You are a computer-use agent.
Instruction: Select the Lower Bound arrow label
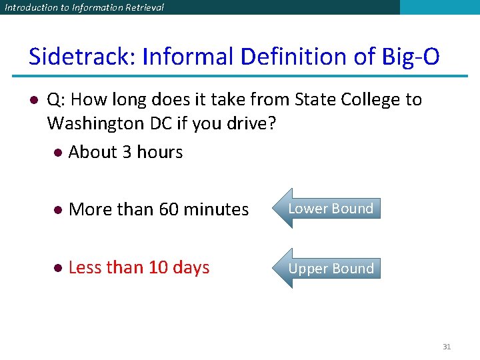click(x=331, y=209)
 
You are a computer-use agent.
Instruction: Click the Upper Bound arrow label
click(x=331, y=269)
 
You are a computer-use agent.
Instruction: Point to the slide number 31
click(x=447, y=347)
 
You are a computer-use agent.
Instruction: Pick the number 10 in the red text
click(x=158, y=267)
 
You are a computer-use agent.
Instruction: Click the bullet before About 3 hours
click(x=58, y=153)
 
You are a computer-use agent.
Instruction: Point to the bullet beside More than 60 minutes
click(x=58, y=210)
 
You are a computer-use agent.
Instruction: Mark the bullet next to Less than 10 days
click(x=58, y=268)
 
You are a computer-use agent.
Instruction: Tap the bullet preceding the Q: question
click(x=32, y=100)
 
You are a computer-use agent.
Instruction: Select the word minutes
click(x=216, y=209)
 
